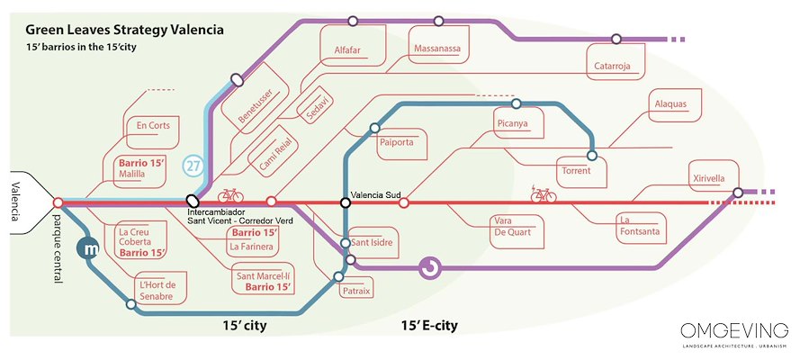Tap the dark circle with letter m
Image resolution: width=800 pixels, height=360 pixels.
pos(89,248)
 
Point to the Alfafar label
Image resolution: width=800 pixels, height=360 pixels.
pos(346,50)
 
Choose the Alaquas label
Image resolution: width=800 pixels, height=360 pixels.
pos(670,103)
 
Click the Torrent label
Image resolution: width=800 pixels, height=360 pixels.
pos(577,170)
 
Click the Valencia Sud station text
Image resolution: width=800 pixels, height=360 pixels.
pos(375,194)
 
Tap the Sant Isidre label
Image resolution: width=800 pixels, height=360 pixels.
pos(372,243)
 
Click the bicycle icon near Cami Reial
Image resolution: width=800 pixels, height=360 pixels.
pos(230,194)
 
